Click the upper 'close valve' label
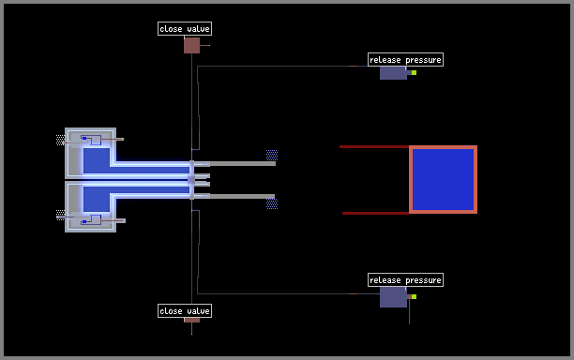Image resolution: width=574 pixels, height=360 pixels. (x=185, y=28)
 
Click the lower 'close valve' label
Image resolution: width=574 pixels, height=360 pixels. (x=185, y=311)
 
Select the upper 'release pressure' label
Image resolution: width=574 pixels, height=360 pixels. (x=405, y=60)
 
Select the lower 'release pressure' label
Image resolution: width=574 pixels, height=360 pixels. (x=405, y=280)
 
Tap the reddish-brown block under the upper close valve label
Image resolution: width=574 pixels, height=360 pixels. (x=192, y=45)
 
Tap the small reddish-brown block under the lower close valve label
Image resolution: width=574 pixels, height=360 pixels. (x=192, y=320)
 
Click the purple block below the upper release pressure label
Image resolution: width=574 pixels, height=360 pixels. (x=393, y=73)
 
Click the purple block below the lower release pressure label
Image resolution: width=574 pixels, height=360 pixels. (x=393, y=297)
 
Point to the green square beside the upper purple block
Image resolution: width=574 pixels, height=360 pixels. (x=414, y=73)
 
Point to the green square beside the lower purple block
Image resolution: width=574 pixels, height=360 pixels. (x=414, y=296)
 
